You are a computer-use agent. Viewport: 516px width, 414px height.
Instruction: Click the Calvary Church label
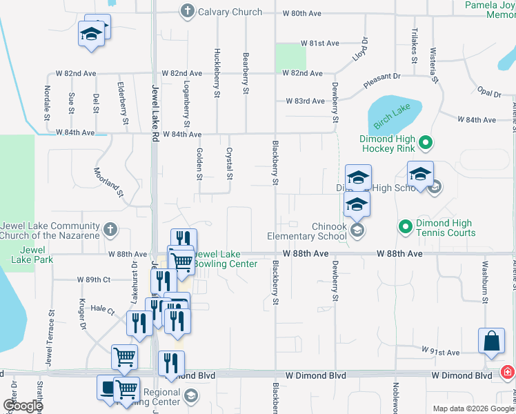pyautogui.click(x=230, y=12)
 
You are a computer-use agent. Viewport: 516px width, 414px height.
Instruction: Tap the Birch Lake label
pyautogui.click(x=392, y=112)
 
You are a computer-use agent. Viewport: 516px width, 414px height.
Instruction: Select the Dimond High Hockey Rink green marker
pyautogui.click(x=426, y=144)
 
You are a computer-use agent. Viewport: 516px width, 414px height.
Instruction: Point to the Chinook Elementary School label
pyautogui.click(x=307, y=232)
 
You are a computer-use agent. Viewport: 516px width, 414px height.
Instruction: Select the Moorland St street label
pyautogui.click(x=109, y=184)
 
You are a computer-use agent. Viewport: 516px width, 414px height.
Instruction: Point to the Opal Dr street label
pyautogui.click(x=488, y=92)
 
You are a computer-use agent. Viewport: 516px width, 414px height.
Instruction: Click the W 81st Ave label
pyautogui.click(x=321, y=43)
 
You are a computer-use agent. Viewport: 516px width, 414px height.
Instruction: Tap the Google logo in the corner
pyautogui.click(x=22, y=406)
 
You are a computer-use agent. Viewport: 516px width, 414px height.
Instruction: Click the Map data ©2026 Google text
pyautogui.click(x=473, y=408)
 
